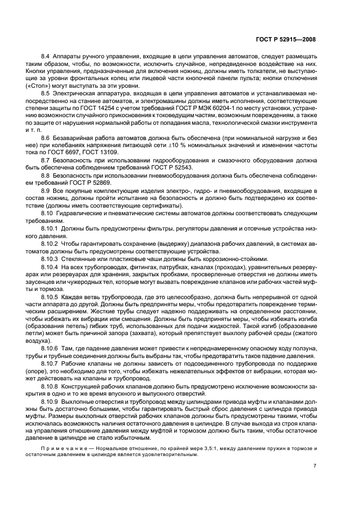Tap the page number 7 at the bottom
[314, 466]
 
